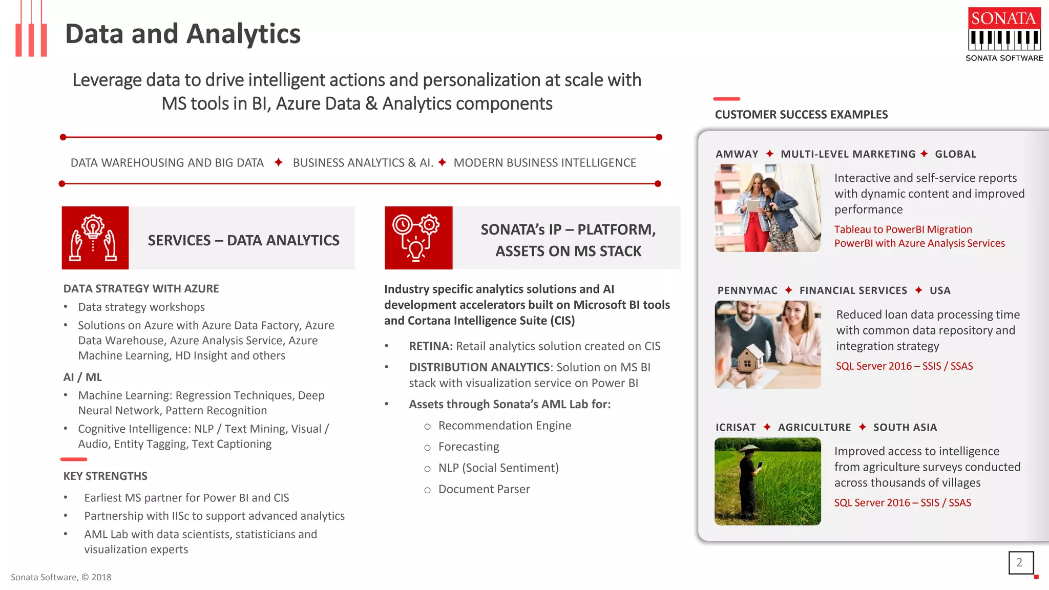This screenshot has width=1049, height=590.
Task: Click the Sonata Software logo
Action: pos(1004,34)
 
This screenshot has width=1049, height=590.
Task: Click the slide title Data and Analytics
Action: pos(183,34)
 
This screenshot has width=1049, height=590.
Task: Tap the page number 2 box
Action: pos(1020,562)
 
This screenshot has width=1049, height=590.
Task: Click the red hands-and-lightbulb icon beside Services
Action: pos(95,238)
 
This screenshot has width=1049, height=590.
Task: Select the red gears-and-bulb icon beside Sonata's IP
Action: pos(418,238)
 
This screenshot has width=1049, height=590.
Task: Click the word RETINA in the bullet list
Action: pos(430,346)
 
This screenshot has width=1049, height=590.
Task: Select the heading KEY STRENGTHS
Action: pos(105,476)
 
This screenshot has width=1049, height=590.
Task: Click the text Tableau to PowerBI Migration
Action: pos(903,229)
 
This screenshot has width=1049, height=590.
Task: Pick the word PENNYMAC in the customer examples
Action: pos(747,290)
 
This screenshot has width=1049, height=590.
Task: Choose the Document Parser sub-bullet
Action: pos(484,489)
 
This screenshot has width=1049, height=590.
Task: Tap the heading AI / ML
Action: pos(82,377)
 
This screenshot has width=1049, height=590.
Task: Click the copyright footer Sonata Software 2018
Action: pos(61,577)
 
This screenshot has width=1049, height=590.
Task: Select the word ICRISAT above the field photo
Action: pos(735,427)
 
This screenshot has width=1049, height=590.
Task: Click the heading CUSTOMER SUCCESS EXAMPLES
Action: pos(801,115)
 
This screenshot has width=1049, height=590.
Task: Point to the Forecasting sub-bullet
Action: pos(468,447)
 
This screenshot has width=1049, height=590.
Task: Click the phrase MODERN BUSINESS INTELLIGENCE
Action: pos(544,163)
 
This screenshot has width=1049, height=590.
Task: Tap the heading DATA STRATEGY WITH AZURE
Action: pos(141,288)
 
